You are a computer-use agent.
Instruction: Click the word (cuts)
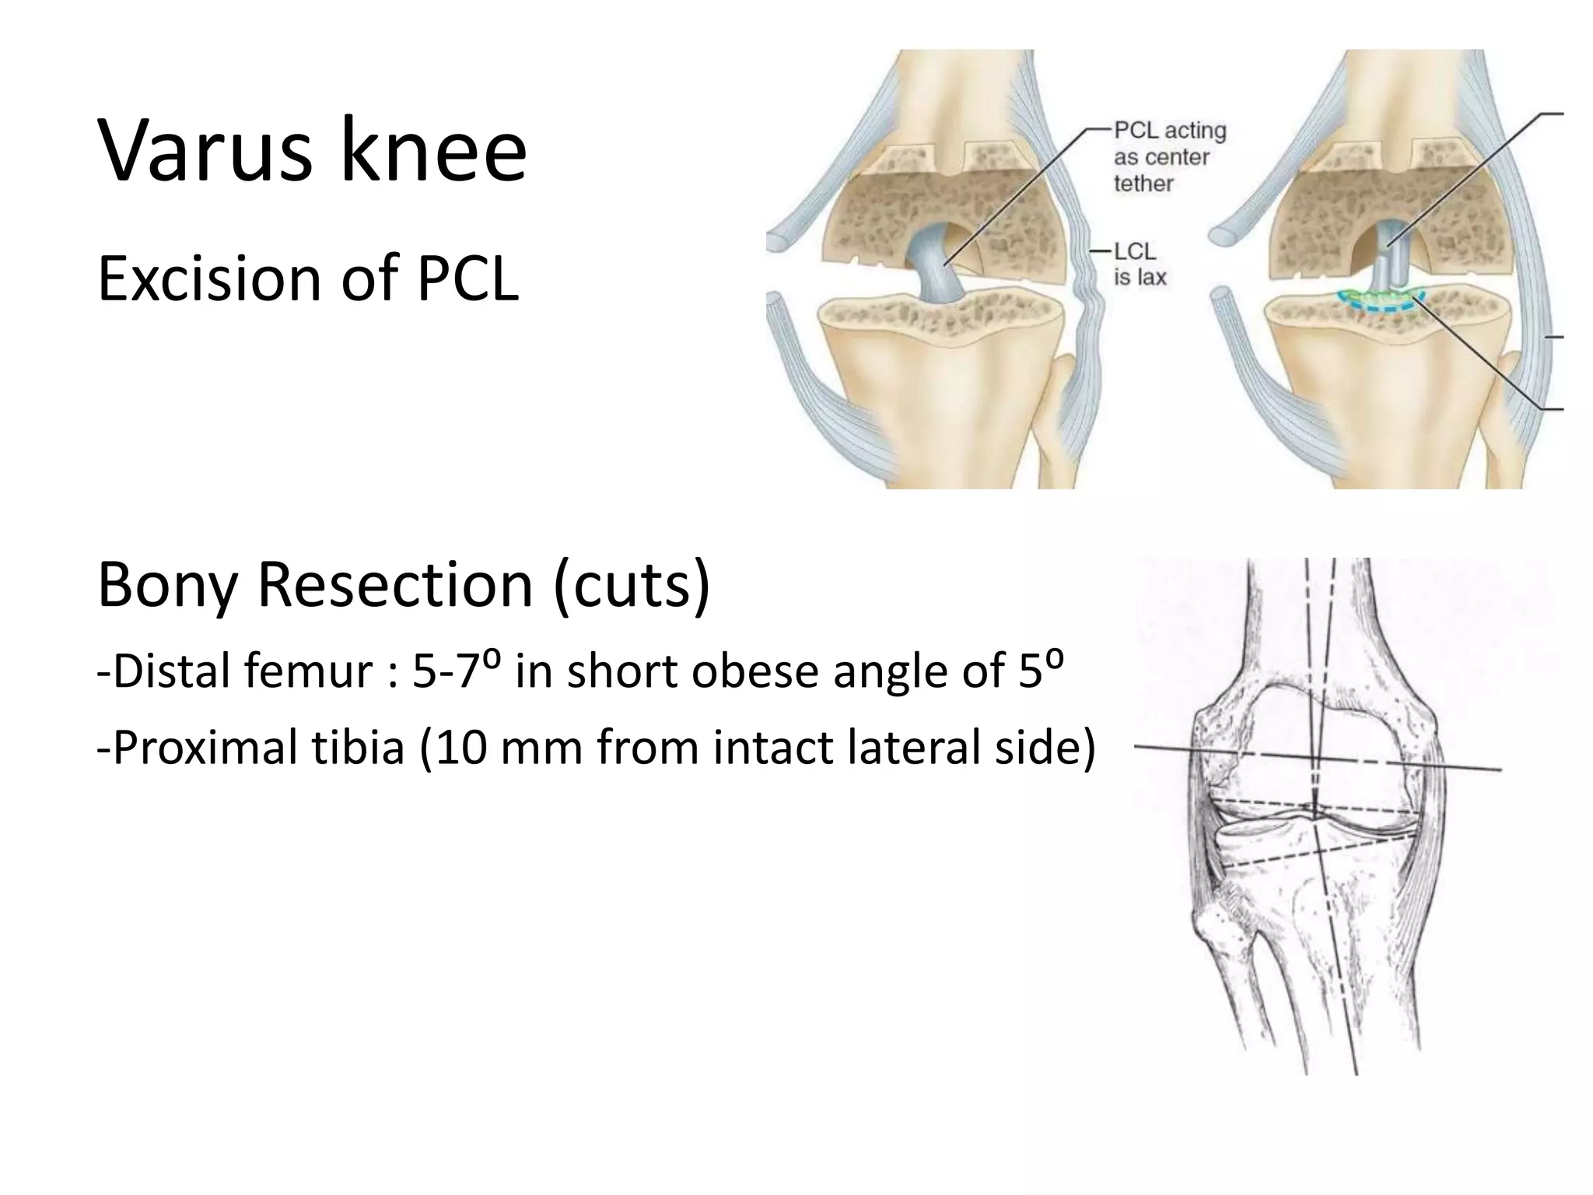(632, 585)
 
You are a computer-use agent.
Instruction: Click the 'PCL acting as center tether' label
(1168, 157)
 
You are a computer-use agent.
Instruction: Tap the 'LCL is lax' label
(1140, 265)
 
